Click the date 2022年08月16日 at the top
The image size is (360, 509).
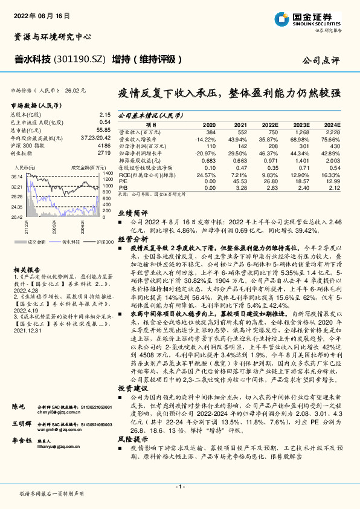point(40,15)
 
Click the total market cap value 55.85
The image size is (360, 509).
point(103,130)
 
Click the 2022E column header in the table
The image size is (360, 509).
point(269,125)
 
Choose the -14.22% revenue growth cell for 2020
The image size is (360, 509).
point(205,138)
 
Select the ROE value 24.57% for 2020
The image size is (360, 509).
point(207,174)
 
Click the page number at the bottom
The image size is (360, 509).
point(179,487)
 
